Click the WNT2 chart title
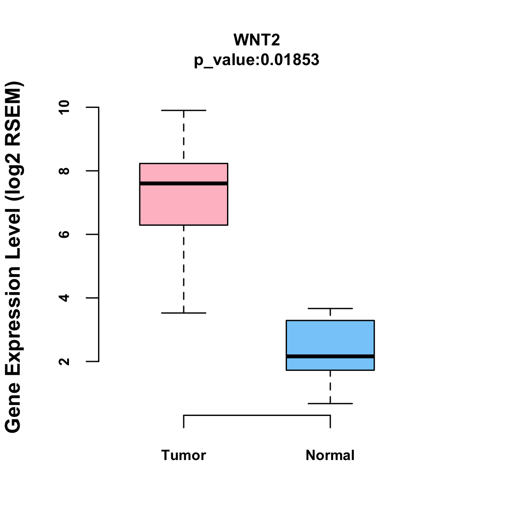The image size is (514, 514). (x=257, y=40)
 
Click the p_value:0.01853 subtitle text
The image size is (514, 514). (x=257, y=60)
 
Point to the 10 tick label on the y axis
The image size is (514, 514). (x=64, y=107)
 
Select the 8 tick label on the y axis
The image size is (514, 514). (x=64, y=171)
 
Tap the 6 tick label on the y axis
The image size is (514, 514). (x=64, y=234)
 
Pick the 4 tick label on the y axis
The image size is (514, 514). (x=64, y=298)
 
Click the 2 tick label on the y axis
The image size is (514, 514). (x=64, y=361)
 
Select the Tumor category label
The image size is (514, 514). (x=183, y=455)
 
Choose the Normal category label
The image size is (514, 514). (x=330, y=455)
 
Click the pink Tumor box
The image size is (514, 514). (x=183, y=206)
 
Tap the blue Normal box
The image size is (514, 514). (x=330, y=338)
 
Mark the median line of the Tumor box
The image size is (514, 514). (x=183, y=183)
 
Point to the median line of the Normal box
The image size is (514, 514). (x=330, y=356)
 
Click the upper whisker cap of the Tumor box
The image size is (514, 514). (x=183, y=111)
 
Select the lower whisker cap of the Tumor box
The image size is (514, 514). (x=183, y=313)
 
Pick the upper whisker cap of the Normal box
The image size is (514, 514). (x=330, y=308)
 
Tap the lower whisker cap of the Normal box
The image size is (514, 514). (x=330, y=403)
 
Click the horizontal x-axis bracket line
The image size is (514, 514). (x=257, y=415)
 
